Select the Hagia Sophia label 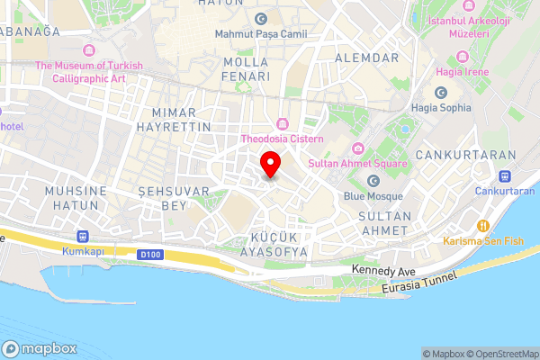coord(441,108)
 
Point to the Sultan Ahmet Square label coord(357,163)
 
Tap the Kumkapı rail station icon coord(84,236)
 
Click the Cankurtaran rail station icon coord(505,176)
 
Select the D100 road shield coord(150,255)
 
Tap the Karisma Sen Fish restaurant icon coord(483,226)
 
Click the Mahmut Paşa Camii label coord(261,34)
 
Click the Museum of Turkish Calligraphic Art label coord(80,71)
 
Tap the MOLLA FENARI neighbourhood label coord(247,69)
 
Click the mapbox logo coord(40,348)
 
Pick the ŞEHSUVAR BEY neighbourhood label coord(174,198)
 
